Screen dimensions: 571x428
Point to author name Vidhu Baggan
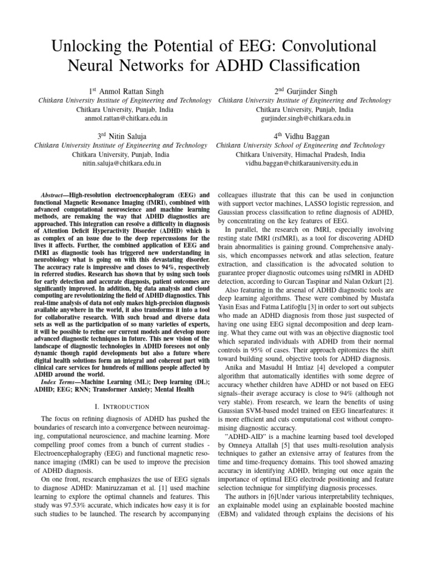310,136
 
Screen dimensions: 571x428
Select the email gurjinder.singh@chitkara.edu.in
305,119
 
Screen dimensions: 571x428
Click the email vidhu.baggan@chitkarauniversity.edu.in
301,163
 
